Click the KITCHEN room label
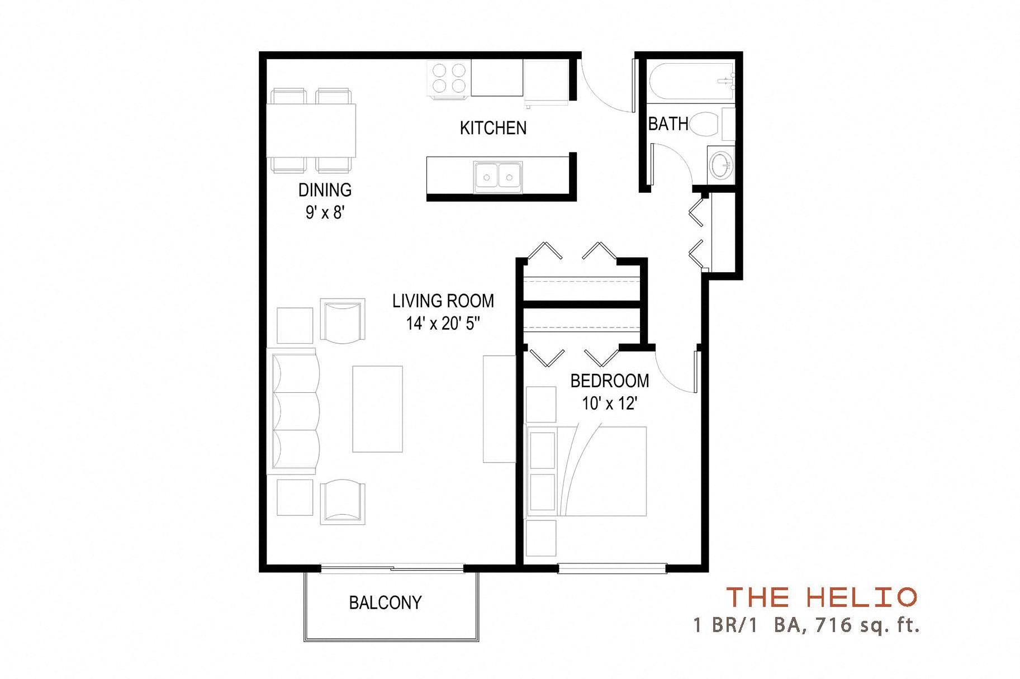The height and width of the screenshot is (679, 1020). [x=493, y=128]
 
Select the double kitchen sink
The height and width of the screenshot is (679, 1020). [x=498, y=177]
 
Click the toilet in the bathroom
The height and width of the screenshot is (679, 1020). [x=705, y=124]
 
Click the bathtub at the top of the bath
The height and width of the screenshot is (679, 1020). [x=692, y=82]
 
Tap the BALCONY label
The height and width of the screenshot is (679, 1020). [x=385, y=602]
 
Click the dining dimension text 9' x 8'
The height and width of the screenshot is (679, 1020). [x=325, y=213]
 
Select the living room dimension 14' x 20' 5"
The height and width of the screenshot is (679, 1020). [x=443, y=324]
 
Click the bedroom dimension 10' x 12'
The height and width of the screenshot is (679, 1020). [x=610, y=403]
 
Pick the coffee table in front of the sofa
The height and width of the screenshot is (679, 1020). [x=377, y=409]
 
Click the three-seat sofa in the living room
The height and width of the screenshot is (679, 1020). [x=295, y=411]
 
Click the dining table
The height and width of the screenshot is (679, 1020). [x=311, y=130]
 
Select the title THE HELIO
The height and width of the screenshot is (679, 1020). [x=821, y=597]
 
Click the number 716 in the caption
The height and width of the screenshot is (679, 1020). [x=834, y=624]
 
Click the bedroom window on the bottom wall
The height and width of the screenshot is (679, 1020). [x=613, y=568]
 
